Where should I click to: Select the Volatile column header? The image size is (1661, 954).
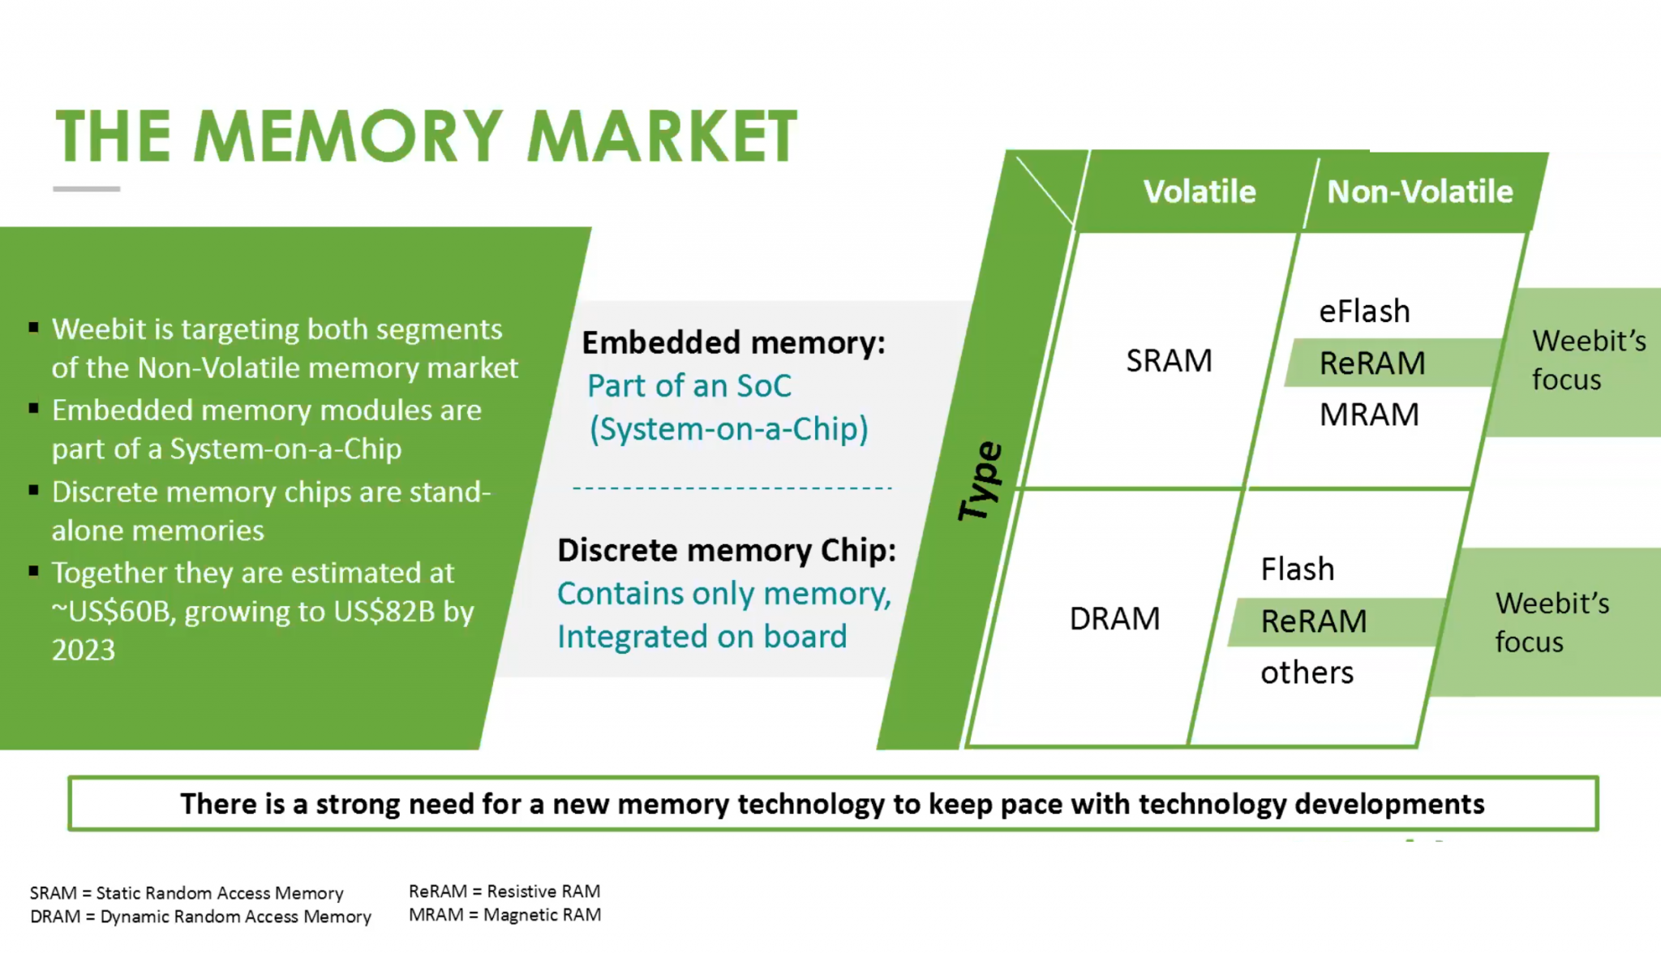(1199, 192)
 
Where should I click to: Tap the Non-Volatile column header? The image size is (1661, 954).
(1419, 192)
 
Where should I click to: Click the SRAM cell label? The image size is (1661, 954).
(1169, 361)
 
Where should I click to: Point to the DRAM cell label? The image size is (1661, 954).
(1114, 619)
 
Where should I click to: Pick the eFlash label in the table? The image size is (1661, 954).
(1364, 312)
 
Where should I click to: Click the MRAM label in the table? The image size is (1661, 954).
(1369, 415)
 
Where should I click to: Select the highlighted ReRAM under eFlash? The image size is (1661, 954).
(1372, 363)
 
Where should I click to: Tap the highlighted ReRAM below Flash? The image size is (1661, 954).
(1314, 621)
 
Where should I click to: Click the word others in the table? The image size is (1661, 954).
(1307, 673)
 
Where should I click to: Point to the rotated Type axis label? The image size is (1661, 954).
(981, 481)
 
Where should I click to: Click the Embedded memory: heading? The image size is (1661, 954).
(733, 342)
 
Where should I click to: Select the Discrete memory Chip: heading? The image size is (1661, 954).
(727, 550)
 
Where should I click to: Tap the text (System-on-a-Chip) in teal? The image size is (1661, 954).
(728, 428)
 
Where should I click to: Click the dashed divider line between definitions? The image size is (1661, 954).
(732, 488)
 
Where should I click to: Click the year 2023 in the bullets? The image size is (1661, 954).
(84, 650)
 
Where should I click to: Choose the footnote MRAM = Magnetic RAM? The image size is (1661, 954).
(504, 915)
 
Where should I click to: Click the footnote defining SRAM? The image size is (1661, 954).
(187, 893)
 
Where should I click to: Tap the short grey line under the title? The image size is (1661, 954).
(87, 189)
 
